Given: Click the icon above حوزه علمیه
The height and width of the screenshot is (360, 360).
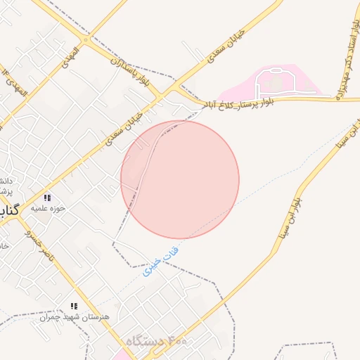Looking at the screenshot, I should [47, 198].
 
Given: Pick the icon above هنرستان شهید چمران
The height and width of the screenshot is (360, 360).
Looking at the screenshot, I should [73, 306].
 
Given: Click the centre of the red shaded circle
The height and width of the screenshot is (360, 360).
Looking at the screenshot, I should [180, 179].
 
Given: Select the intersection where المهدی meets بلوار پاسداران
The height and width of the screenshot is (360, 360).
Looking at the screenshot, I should [88, 36].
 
